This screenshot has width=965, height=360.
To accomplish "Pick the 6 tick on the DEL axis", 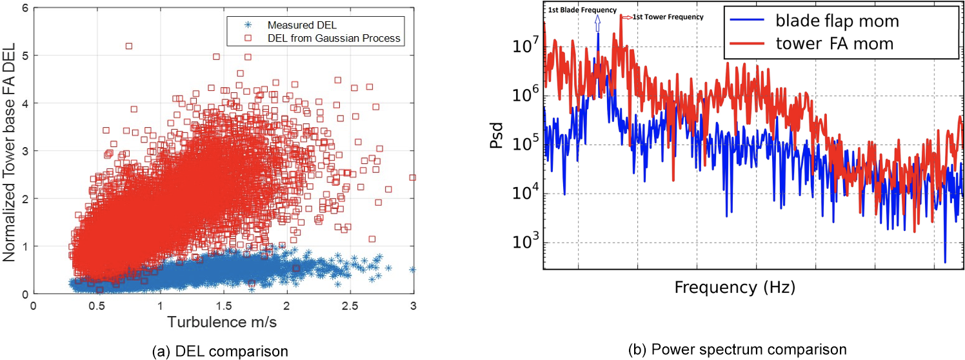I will (25, 8).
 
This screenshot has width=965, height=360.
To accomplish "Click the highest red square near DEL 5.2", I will (129, 46).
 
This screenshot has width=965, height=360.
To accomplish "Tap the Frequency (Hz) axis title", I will (734, 287).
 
